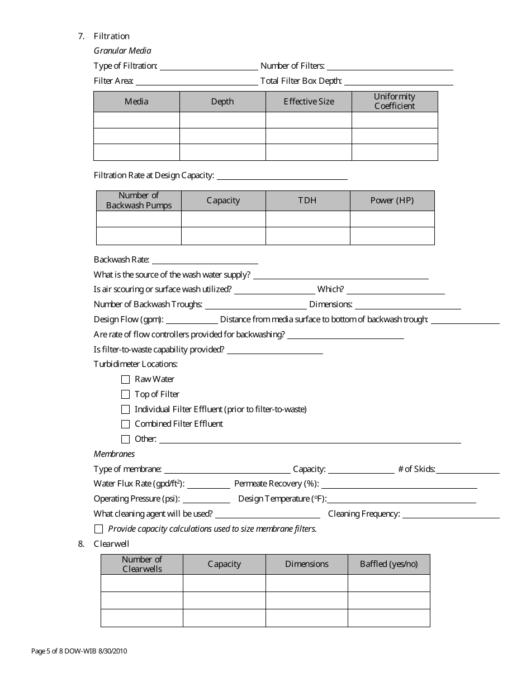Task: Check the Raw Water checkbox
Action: (x=125, y=379)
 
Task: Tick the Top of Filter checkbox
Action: (x=125, y=394)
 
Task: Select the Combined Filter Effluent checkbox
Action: (x=125, y=424)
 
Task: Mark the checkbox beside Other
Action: (x=125, y=440)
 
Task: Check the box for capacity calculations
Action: (x=99, y=529)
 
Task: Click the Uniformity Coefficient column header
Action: (x=395, y=102)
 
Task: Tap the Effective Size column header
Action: (x=309, y=102)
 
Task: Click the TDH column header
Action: (x=307, y=201)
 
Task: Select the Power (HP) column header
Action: (x=392, y=201)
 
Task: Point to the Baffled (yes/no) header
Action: (x=388, y=564)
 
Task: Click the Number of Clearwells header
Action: (x=142, y=564)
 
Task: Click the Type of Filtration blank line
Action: (x=208, y=66)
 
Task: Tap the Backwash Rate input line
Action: (x=205, y=260)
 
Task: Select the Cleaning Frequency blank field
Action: (x=451, y=514)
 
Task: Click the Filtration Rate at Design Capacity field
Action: (x=282, y=176)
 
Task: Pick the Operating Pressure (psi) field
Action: (x=206, y=499)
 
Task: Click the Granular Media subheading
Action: (x=122, y=51)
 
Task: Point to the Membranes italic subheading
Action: (x=114, y=454)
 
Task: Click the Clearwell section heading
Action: (x=112, y=544)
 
